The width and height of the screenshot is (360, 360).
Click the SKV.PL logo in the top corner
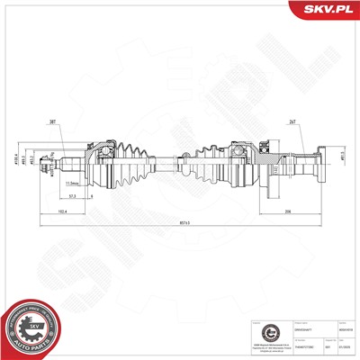coord(326,10)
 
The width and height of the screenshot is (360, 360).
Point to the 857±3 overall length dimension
coord(184,223)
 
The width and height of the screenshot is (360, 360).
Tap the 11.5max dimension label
coord(100,182)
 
